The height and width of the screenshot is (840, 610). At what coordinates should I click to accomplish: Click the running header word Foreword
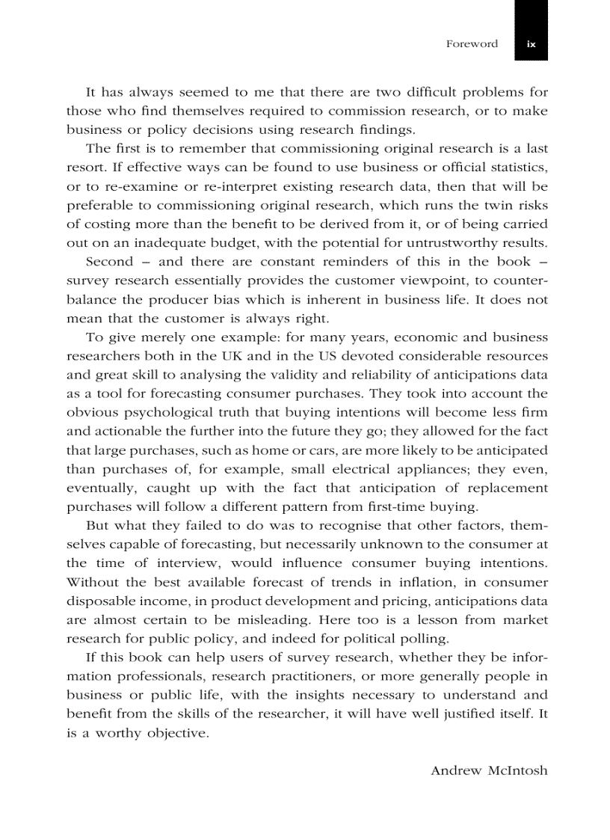click(x=472, y=44)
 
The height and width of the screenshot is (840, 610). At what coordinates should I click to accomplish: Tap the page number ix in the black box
click(x=531, y=44)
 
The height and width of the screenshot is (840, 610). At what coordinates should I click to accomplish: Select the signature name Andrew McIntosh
click(x=489, y=770)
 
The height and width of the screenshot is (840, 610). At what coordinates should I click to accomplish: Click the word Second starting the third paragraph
click(x=110, y=262)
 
